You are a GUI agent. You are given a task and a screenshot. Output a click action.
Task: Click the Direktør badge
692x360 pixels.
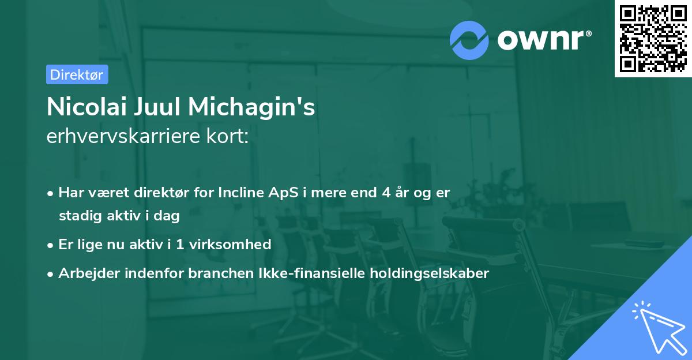[x=77, y=74]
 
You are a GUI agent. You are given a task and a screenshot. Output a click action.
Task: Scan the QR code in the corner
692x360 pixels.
[x=653, y=38]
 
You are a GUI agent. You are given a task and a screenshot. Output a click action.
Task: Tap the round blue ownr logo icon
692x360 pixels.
[x=469, y=40]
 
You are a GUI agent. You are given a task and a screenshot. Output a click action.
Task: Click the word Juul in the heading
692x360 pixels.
[x=156, y=108]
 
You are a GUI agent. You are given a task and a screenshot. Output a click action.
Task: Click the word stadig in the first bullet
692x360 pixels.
[x=77, y=216]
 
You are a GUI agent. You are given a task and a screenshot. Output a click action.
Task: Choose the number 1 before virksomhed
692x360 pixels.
[x=179, y=245]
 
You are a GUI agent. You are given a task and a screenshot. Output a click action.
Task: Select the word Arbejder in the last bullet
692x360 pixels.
[x=85, y=273]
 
